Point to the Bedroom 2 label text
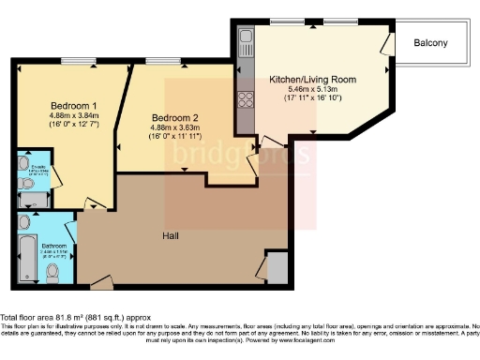(171, 118)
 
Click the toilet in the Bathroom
(52, 273)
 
